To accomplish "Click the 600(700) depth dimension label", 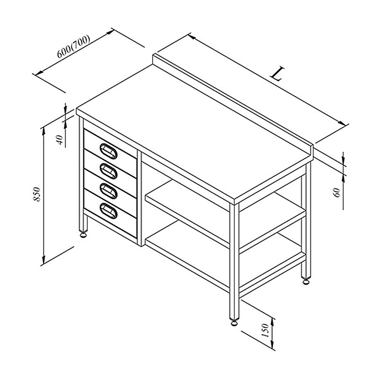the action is [x=74, y=47].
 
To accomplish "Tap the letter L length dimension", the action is [x=277, y=74].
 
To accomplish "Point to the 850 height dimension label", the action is [x=37, y=194].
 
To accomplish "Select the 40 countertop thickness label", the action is [x=60, y=140].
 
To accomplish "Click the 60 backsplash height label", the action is [x=337, y=192].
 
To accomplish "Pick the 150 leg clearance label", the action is [x=265, y=330].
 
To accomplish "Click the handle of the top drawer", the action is [x=109, y=151].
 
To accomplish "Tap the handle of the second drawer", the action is [x=109, y=171].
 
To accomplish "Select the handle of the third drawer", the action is [x=109, y=191].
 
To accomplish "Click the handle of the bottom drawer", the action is [x=109, y=211].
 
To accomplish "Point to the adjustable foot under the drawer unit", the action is [x=84, y=234].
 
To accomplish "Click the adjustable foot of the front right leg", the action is [x=234, y=322].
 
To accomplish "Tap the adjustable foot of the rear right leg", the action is [x=306, y=281].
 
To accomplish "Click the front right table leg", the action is [x=234, y=262].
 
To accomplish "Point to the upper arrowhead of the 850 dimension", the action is [x=43, y=131].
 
